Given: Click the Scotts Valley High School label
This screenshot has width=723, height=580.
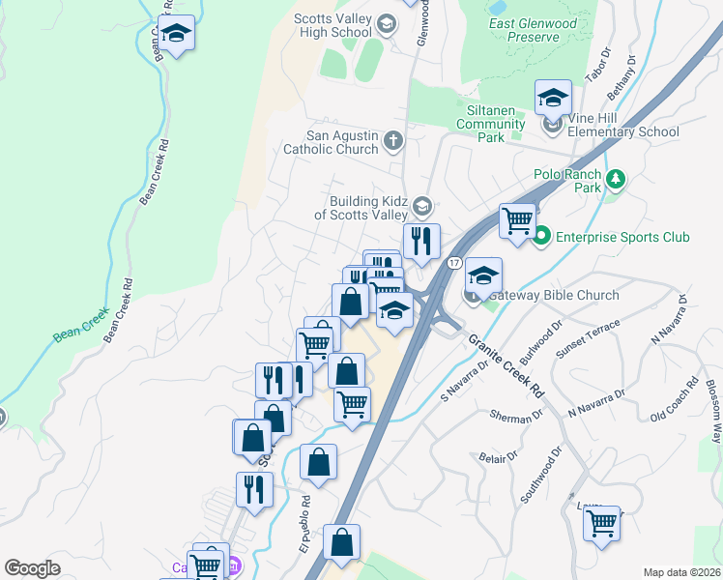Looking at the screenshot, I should click(x=333, y=25).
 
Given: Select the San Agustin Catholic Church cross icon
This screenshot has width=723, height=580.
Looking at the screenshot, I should click(x=392, y=142).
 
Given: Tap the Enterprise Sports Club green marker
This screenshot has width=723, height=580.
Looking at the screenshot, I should click(x=541, y=236).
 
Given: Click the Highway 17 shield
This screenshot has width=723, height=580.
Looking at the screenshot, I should click(x=453, y=263).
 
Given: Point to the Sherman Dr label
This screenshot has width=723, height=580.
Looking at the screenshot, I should click(x=510, y=417).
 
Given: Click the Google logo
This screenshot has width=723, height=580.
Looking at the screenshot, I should click(x=32, y=568).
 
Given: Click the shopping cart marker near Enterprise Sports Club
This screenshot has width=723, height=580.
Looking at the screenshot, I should click(x=518, y=220).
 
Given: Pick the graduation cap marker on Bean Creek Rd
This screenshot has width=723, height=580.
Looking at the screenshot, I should click(x=176, y=34).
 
